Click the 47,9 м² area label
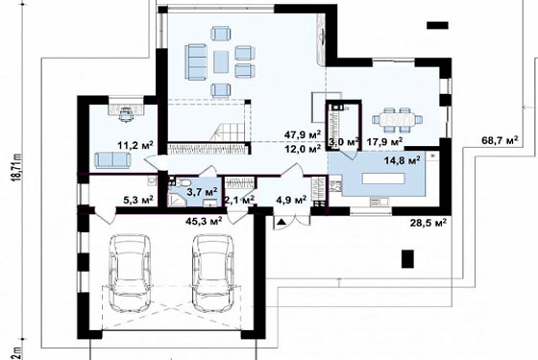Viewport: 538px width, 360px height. [x=303, y=134]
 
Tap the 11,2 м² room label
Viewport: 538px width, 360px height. [x=135, y=145]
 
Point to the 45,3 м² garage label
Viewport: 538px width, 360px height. [x=204, y=221]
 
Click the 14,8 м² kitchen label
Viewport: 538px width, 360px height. [x=403, y=160]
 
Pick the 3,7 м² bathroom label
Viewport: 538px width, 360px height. [x=202, y=192]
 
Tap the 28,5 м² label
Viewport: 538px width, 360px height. [x=428, y=223]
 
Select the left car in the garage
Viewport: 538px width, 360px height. [x=130, y=274]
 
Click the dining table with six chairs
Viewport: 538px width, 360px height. [x=397, y=120]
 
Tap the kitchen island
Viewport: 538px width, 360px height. [x=383, y=179]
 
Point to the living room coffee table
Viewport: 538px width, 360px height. [x=221, y=61]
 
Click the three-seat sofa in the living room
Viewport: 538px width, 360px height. [x=196, y=61]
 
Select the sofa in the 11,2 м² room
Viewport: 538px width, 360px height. [x=113, y=160]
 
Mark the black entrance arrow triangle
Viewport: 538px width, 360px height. [x=281, y=222]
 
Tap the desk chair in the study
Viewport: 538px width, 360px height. [x=126, y=114]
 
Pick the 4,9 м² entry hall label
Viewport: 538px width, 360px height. [x=291, y=200]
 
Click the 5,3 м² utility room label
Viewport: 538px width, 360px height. [x=138, y=200]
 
